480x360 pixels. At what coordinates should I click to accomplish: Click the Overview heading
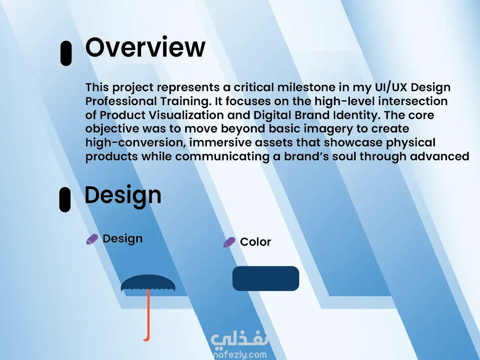point(145,47)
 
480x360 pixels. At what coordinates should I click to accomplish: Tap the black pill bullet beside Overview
point(66,53)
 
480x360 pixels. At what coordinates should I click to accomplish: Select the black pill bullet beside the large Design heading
point(65,200)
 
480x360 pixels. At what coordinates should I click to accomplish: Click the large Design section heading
point(123,195)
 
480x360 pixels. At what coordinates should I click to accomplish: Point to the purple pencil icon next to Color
point(229,242)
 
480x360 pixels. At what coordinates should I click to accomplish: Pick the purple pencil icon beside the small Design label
point(92,239)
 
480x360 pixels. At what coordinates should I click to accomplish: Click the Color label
point(256,242)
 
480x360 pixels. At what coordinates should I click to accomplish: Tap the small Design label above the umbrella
point(122,239)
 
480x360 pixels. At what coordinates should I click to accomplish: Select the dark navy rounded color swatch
point(266,278)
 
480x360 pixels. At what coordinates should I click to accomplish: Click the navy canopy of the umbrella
point(148,283)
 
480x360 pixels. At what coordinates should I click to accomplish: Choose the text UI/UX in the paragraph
point(391,87)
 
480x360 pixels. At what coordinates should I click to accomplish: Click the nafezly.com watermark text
point(240,355)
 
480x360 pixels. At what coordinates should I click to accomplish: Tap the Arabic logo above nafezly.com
point(240,340)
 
